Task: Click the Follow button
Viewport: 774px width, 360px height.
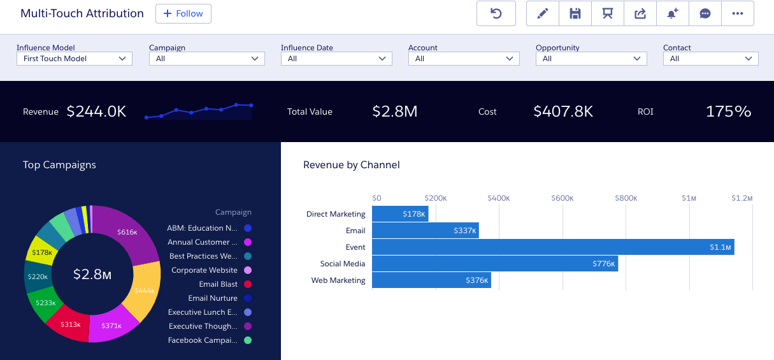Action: (183, 13)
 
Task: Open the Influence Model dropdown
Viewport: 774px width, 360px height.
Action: (74, 59)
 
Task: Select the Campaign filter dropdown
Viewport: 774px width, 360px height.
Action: (206, 59)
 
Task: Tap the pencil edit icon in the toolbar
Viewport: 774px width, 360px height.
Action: (543, 13)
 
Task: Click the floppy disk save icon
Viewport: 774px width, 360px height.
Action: (575, 13)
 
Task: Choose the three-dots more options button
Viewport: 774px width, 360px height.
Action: (738, 13)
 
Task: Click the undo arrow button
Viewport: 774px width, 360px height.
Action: (496, 13)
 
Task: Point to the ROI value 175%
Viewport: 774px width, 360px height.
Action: (728, 112)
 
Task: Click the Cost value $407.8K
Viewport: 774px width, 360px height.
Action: (563, 112)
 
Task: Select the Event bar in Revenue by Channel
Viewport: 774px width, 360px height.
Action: (552, 247)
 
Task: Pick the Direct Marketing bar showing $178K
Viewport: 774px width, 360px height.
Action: (399, 214)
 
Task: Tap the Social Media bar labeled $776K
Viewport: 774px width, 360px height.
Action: (494, 264)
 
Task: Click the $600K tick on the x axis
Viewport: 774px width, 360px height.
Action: (563, 198)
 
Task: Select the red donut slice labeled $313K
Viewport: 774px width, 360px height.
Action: (71, 324)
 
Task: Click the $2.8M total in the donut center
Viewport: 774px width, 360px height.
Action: (92, 275)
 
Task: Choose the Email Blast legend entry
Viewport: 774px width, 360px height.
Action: (218, 284)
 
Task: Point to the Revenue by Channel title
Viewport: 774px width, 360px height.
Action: (351, 165)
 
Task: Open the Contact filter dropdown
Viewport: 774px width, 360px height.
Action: (710, 59)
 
